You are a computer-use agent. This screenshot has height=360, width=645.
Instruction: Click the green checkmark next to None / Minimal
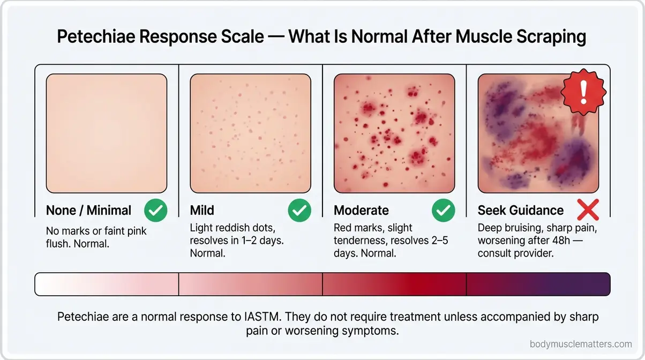[155, 211]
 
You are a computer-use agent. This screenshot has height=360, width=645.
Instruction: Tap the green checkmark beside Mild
[299, 211]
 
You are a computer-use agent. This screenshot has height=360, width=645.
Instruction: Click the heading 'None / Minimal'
[88, 211]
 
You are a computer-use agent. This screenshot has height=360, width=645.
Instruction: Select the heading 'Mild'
[202, 211]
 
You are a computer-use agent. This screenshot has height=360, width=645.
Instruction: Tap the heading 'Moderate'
[361, 211]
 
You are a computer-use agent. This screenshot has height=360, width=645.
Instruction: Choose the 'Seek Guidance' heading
[521, 211]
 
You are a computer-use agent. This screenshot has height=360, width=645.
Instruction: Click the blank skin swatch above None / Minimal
[107, 133]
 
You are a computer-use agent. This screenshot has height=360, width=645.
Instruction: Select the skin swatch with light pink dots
[250, 133]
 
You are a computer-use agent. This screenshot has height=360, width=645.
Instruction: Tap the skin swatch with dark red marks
[394, 133]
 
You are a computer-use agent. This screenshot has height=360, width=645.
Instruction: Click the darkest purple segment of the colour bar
[538, 284]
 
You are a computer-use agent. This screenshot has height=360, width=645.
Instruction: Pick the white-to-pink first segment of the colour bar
[107, 284]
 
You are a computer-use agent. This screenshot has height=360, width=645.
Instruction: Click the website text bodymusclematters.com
[580, 344]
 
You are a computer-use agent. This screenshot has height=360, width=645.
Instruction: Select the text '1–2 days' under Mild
[262, 241]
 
